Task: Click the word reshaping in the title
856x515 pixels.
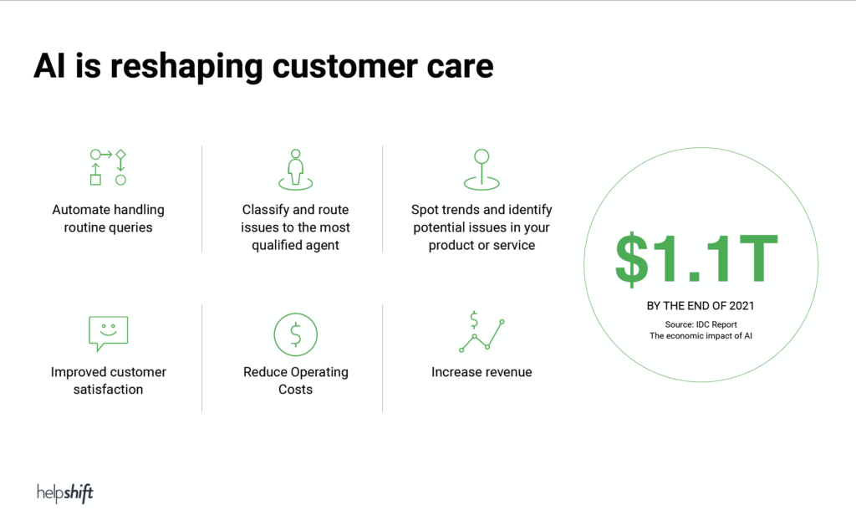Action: pyautogui.click(x=186, y=68)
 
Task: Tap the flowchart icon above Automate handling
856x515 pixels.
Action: pyautogui.click(x=108, y=167)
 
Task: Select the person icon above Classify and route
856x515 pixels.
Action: pyautogui.click(x=295, y=170)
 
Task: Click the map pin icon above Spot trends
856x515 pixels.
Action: pyautogui.click(x=481, y=170)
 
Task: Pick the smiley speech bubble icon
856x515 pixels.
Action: pyautogui.click(x=108, y=333)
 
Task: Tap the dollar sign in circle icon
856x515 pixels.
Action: pyautogui.click(x=295, y=334)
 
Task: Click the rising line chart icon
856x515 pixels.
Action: pyautogui.click(x=481, y=332)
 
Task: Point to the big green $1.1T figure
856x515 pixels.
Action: pyautogui.click(x=696, y=259)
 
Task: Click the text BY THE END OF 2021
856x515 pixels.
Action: pyautogui.click(x=701, y=306)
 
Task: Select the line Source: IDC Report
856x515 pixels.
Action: pyautogui.click(x=701, y=324)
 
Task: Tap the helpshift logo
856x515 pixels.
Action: pyautogui.click(x=65, y=493)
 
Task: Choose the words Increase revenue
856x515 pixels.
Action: pyautogui.click(x=481, y=372)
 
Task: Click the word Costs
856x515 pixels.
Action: pyautogui.click(x=295, y=390)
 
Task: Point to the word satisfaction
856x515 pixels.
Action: pyautogui.click(x=108, y=390)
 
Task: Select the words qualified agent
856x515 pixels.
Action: pyautogui.click(x=295, y=246)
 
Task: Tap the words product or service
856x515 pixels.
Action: pyautogui.click(x=481, y=245)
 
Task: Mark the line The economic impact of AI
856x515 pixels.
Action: pyautogui.click(x=701, y=336)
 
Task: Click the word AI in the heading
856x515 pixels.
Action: pyautogui.click(x=49, y=66)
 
